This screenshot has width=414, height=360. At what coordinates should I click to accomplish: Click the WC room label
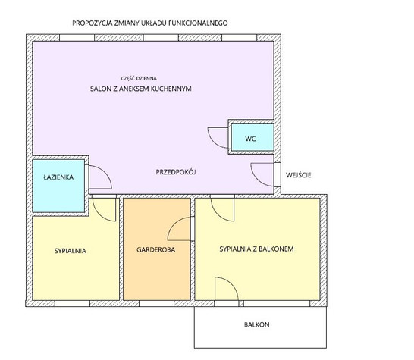tap(250, 139)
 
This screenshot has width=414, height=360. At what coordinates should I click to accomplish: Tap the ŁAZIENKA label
tap(58, 177)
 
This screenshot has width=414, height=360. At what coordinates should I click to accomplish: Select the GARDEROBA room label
tap(155, 249)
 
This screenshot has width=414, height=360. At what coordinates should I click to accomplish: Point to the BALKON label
tap(256, 324)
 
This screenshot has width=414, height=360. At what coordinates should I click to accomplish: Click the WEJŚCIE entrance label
tap(298, 175)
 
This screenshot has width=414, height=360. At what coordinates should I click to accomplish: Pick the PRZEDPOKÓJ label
tap(176, 172)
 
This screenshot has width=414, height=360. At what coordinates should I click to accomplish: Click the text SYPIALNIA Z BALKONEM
tap(256, 249)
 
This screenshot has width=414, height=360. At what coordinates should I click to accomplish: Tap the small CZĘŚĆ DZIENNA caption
tap(139, 78)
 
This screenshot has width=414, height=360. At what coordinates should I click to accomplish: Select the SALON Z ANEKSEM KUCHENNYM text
tap(141, 89)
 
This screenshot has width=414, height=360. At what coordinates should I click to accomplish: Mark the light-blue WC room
tap(252, 137)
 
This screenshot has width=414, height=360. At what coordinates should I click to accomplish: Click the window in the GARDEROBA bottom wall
tap(156, 303)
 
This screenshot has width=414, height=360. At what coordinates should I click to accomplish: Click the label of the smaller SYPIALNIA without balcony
tap(71, 251)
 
